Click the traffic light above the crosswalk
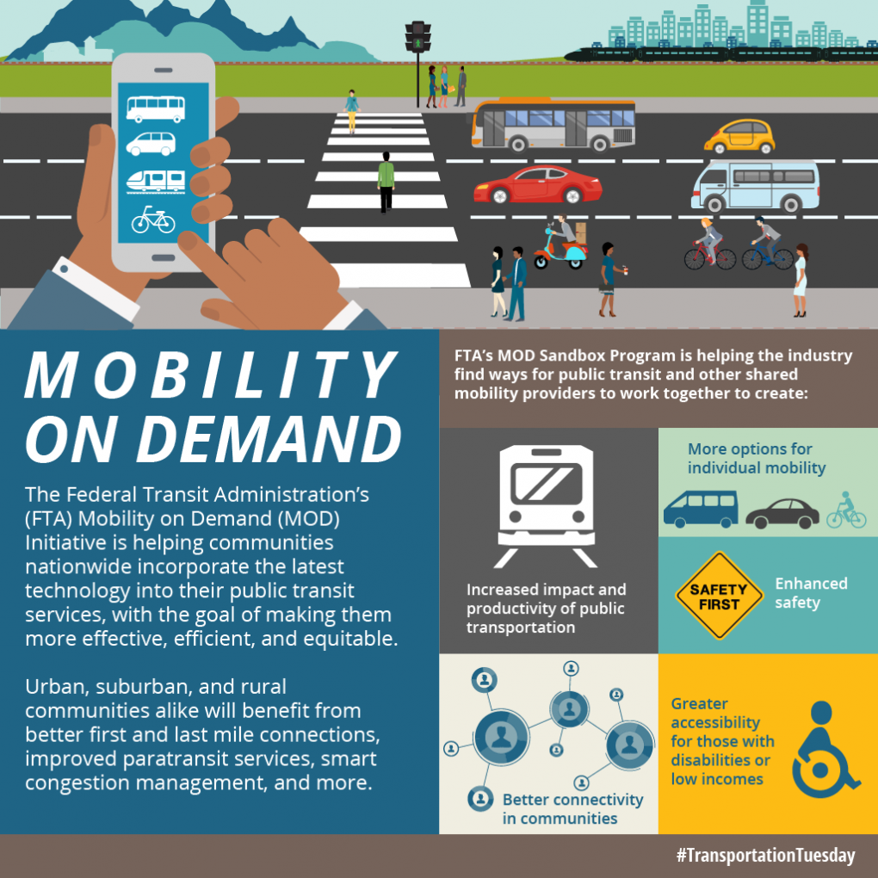point(417,37)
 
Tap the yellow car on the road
point(739,136)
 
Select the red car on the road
point(537,185)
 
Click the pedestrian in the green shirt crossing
point(386,182)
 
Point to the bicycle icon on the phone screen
point(153,219)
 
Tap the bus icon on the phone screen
point(156,108)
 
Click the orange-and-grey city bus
point(553,126)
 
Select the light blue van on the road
point(756,186)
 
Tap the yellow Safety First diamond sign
point(719,596)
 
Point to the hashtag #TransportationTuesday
point(765,855)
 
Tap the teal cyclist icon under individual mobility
point(846,510)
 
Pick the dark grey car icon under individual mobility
point(782,514)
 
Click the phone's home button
point(163,257)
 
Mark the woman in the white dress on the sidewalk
point(801,280)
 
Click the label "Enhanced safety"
point(811,592)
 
